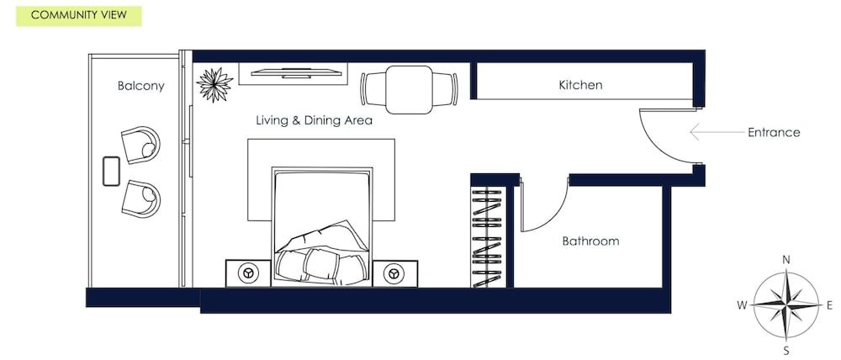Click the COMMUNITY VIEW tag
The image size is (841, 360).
[x=79, y=15]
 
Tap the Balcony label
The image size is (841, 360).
[x=140, y=86]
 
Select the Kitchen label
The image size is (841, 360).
[x=580, y=85]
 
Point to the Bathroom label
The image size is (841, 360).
[x=590, y=241]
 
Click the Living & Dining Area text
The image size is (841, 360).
[x=314, y=120]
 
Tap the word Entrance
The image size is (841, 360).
[x=774, y=132]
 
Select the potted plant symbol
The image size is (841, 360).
[x=214, y=83]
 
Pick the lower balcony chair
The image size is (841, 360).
[x=141, y=198]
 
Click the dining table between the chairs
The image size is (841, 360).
[x=409, y=88]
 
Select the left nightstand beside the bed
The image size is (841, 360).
[x=248, y=273]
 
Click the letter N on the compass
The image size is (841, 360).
[x=786, y=260]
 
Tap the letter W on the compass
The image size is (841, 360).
[x=742, y=305]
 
